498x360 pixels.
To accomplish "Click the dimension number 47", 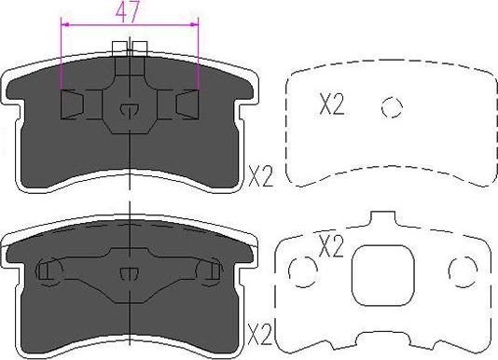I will [131, 12].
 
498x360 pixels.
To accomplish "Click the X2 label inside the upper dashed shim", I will [332, 105].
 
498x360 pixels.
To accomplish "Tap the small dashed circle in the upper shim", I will [392, 106].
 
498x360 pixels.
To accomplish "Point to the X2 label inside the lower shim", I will [332, 247].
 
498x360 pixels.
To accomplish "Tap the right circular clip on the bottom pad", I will [211, 271].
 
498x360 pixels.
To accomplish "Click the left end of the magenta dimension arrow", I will [62, 27].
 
